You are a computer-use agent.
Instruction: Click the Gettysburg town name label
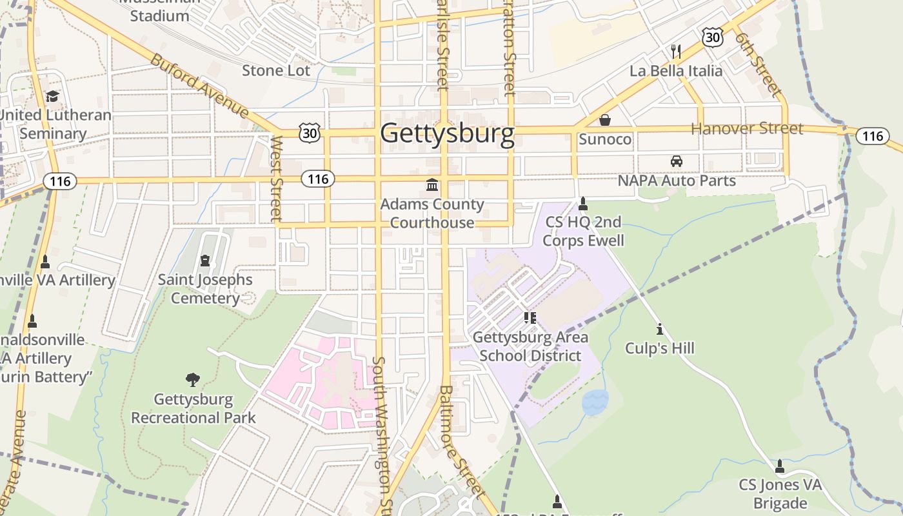click(x=447, y=134)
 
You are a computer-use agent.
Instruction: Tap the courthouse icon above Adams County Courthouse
click(x=432, y=186)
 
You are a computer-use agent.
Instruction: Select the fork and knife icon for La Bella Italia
click(x=676, y=52)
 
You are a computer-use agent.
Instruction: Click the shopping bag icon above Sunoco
click(x=605, y=120)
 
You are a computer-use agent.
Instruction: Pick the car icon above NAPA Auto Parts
click(x=676, y=161)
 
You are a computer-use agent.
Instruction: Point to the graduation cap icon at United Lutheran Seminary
click(x=52, y=96)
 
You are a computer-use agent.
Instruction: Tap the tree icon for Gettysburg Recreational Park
click(x=192, y=380)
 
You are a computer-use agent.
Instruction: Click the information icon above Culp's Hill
click(x=659, y=330)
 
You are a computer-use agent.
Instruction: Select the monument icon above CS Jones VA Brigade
click(x=780, y=466)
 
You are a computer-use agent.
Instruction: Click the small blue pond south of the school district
click(x=595, y=402)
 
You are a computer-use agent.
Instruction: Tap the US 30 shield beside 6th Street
click(x=713, y=37)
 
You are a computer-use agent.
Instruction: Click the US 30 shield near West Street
click(x=310, y=132)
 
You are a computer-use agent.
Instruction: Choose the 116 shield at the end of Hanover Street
click(x=872, y=136)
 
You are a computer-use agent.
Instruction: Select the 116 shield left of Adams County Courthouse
click(x=318, y=179)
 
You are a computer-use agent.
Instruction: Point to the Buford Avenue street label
click(x=199, y=86)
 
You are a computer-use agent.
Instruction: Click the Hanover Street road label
click(x=747, y=128)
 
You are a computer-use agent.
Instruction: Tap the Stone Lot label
click(x=276, y=70)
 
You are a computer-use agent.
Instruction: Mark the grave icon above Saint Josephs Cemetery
click(x=205, y=261)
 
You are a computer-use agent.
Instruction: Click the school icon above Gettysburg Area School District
click(x=530, y=318)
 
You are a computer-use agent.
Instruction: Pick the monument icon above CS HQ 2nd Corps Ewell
click(x=583, y=204)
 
